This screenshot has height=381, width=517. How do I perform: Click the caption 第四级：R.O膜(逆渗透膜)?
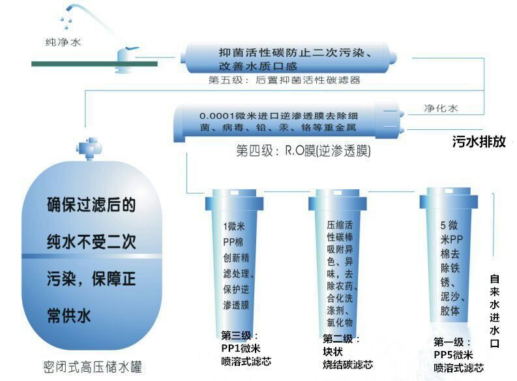[303, 151]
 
